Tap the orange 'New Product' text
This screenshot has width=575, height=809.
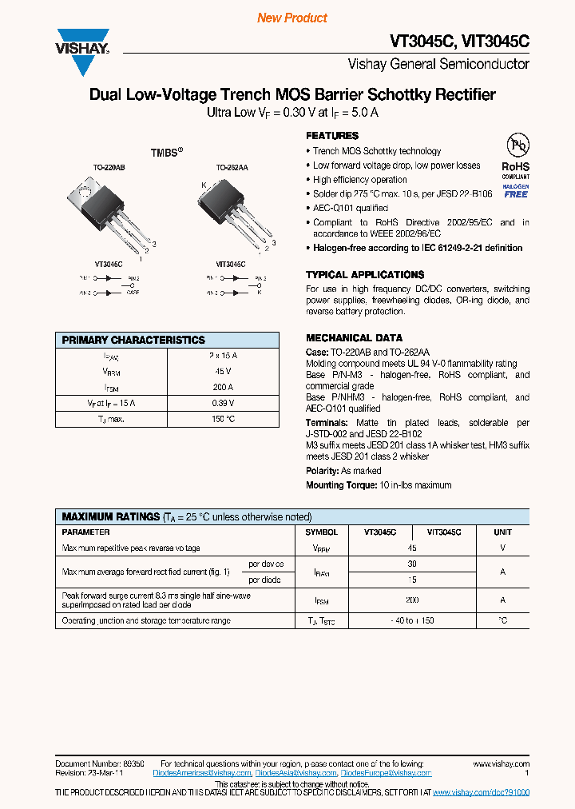coord(292,18)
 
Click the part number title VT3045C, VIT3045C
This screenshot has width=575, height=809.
coord(459,41)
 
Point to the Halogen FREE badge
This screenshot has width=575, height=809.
coord(516,190)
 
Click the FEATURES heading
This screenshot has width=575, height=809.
coord(332,136)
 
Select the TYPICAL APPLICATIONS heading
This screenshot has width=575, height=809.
coord(364,274)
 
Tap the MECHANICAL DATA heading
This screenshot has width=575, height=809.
coord(354,337)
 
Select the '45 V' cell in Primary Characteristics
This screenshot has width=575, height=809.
coord(223,372)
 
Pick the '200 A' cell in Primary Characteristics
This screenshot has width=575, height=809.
coord(223,387)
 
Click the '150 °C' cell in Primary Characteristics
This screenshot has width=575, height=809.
coord(223,419)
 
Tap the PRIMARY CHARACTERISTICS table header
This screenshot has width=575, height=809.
coord(133,340)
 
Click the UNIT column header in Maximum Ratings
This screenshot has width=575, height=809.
coord(502,532)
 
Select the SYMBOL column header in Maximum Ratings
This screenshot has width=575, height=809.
coord(322,532)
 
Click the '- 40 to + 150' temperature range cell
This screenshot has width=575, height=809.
coord(412,621)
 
